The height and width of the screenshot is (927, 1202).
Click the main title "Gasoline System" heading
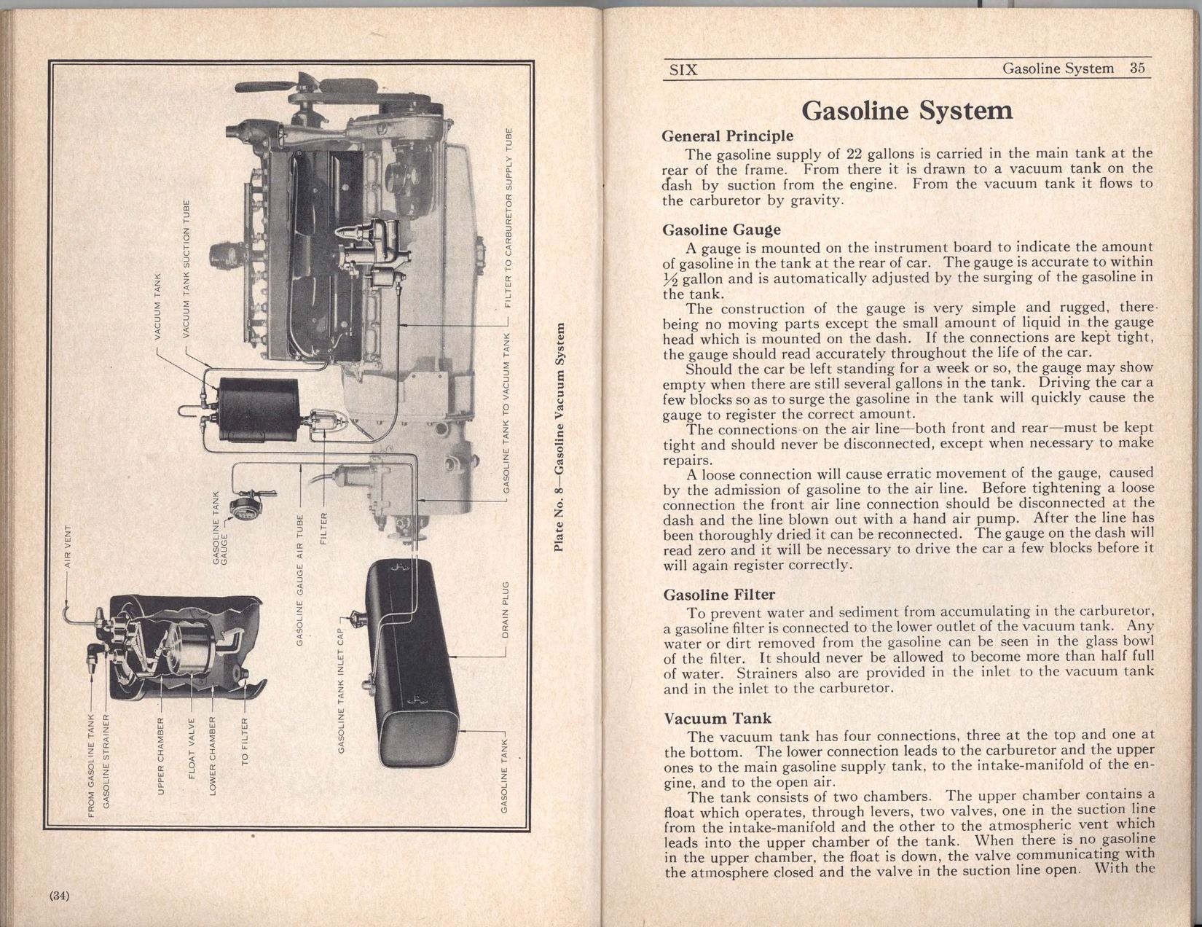(906, 110)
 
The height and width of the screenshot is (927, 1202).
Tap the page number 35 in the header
(1138, 69)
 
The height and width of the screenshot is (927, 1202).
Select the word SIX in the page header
(683, 70)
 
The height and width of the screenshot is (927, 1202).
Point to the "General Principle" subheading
(727, 136)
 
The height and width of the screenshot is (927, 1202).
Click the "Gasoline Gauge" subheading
(721, 230)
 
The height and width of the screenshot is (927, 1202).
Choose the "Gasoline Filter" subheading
(719, 595)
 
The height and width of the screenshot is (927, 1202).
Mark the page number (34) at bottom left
(59, 896)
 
